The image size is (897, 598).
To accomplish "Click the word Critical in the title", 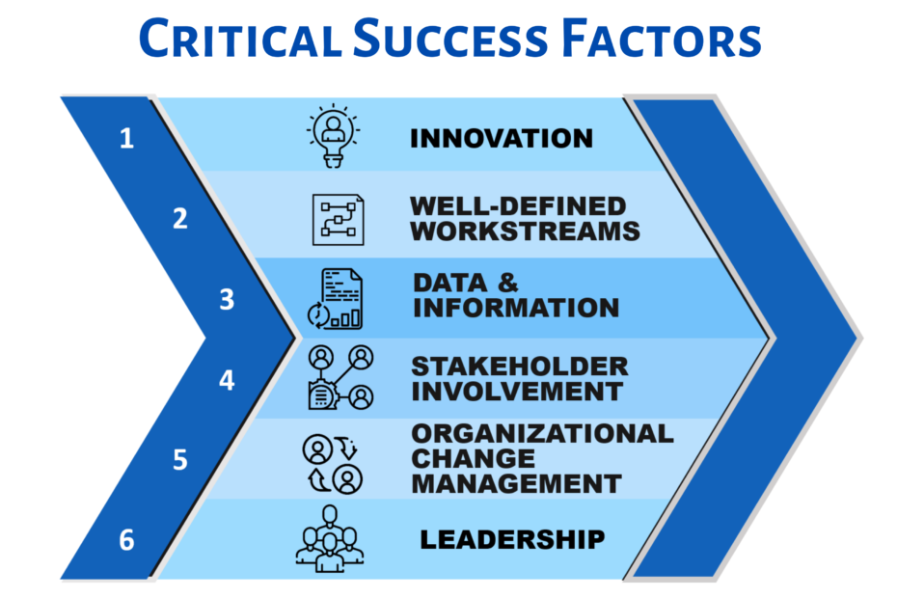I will [239, 39].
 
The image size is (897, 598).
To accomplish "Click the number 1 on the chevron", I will [127, 139].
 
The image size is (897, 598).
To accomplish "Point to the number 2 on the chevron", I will [179, 219].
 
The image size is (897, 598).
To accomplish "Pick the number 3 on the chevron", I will [227, 300].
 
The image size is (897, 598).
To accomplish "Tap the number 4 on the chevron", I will [227, 380].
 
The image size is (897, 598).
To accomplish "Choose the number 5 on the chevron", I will [179, 460].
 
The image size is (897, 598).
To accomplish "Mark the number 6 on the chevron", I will [126, 540].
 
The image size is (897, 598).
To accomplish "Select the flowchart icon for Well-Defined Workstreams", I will [338, 218].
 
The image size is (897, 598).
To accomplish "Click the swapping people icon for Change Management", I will [333, 461].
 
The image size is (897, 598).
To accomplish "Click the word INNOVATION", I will [502, 138].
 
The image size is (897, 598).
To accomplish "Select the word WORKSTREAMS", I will [525, 231].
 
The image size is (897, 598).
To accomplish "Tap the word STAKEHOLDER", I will [520, 367].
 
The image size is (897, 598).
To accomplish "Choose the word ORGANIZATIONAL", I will [542, 433].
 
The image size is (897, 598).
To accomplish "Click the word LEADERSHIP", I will [512, 539].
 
